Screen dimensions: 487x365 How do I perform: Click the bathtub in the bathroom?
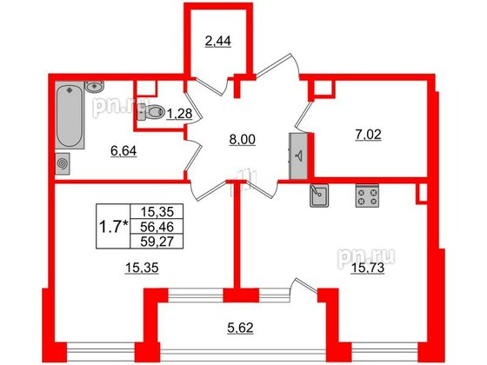click(x=70, y=115)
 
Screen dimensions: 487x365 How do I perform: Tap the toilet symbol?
click(x=150, y=112)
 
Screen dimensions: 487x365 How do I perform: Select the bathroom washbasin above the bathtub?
click(x=94, y=87)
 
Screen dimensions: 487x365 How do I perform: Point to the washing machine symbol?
click(x=63, y=163)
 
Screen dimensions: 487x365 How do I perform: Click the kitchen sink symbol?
click(x=319, y=196)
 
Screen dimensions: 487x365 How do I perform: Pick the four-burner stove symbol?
click(x=367, y=196)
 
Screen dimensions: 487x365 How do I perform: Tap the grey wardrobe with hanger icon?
click(x=298, y=156)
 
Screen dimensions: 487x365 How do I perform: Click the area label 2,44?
click(x=218, y=41)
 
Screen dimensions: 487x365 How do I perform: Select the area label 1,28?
click(x=179, y=114)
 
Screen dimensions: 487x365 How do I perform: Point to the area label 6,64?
click(x=123, y=151)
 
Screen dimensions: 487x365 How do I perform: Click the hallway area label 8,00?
click(x=243, y=140)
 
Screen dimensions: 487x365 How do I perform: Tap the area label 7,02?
click(x=368, y=135)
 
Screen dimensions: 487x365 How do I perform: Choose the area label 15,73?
click(x=367, y=268)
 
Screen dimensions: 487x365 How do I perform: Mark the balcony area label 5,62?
click(x=240, y=328)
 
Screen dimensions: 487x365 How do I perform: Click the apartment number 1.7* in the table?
click(x=113, y=227)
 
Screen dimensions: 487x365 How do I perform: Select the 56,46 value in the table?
click(x=157, y=227)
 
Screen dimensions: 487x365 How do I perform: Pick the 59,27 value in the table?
click(x=157, y=242)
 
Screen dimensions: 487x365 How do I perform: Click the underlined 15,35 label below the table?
click(x=142, y=268)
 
